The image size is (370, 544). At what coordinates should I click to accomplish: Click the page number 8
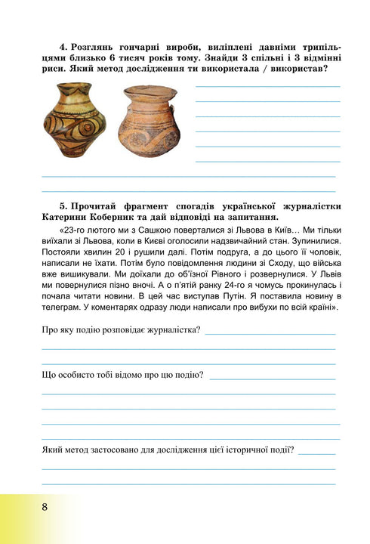point(45,505)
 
